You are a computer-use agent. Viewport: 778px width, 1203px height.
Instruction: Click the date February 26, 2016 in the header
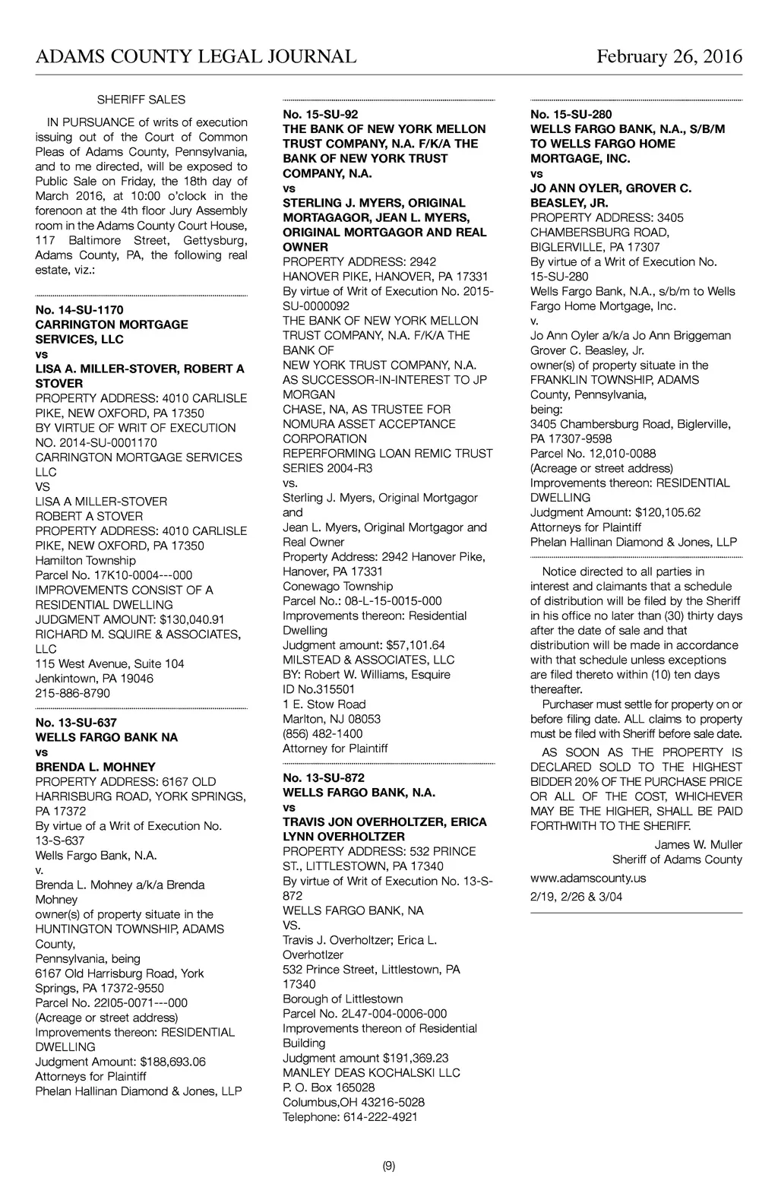(669, 57)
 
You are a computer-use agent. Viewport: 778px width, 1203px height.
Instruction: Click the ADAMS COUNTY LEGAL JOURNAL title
(196, 57)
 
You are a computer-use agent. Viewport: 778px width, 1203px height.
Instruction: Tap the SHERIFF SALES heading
(141, 100)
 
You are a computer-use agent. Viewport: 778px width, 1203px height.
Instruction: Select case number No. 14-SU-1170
(79, 310)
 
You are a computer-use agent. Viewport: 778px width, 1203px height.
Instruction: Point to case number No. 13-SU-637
(76, 723)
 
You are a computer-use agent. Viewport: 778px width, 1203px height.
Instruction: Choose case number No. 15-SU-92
(321, 114)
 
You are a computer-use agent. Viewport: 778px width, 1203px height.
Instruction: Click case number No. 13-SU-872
(324, 778)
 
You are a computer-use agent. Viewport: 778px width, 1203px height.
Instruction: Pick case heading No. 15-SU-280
(571, 114)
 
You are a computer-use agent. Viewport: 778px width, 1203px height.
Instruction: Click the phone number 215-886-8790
(73, 693)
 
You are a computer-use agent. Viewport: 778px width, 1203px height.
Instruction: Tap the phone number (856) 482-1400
(323, 734)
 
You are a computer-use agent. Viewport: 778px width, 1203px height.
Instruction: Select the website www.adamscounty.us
(588, 878)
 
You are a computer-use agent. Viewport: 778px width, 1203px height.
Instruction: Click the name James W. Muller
(698, 845)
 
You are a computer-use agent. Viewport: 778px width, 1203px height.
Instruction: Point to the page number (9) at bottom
(389, 1167)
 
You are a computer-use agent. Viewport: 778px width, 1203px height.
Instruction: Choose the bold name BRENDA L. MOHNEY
(96, 767)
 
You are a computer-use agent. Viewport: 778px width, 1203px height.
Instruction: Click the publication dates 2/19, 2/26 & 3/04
(577, 897)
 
